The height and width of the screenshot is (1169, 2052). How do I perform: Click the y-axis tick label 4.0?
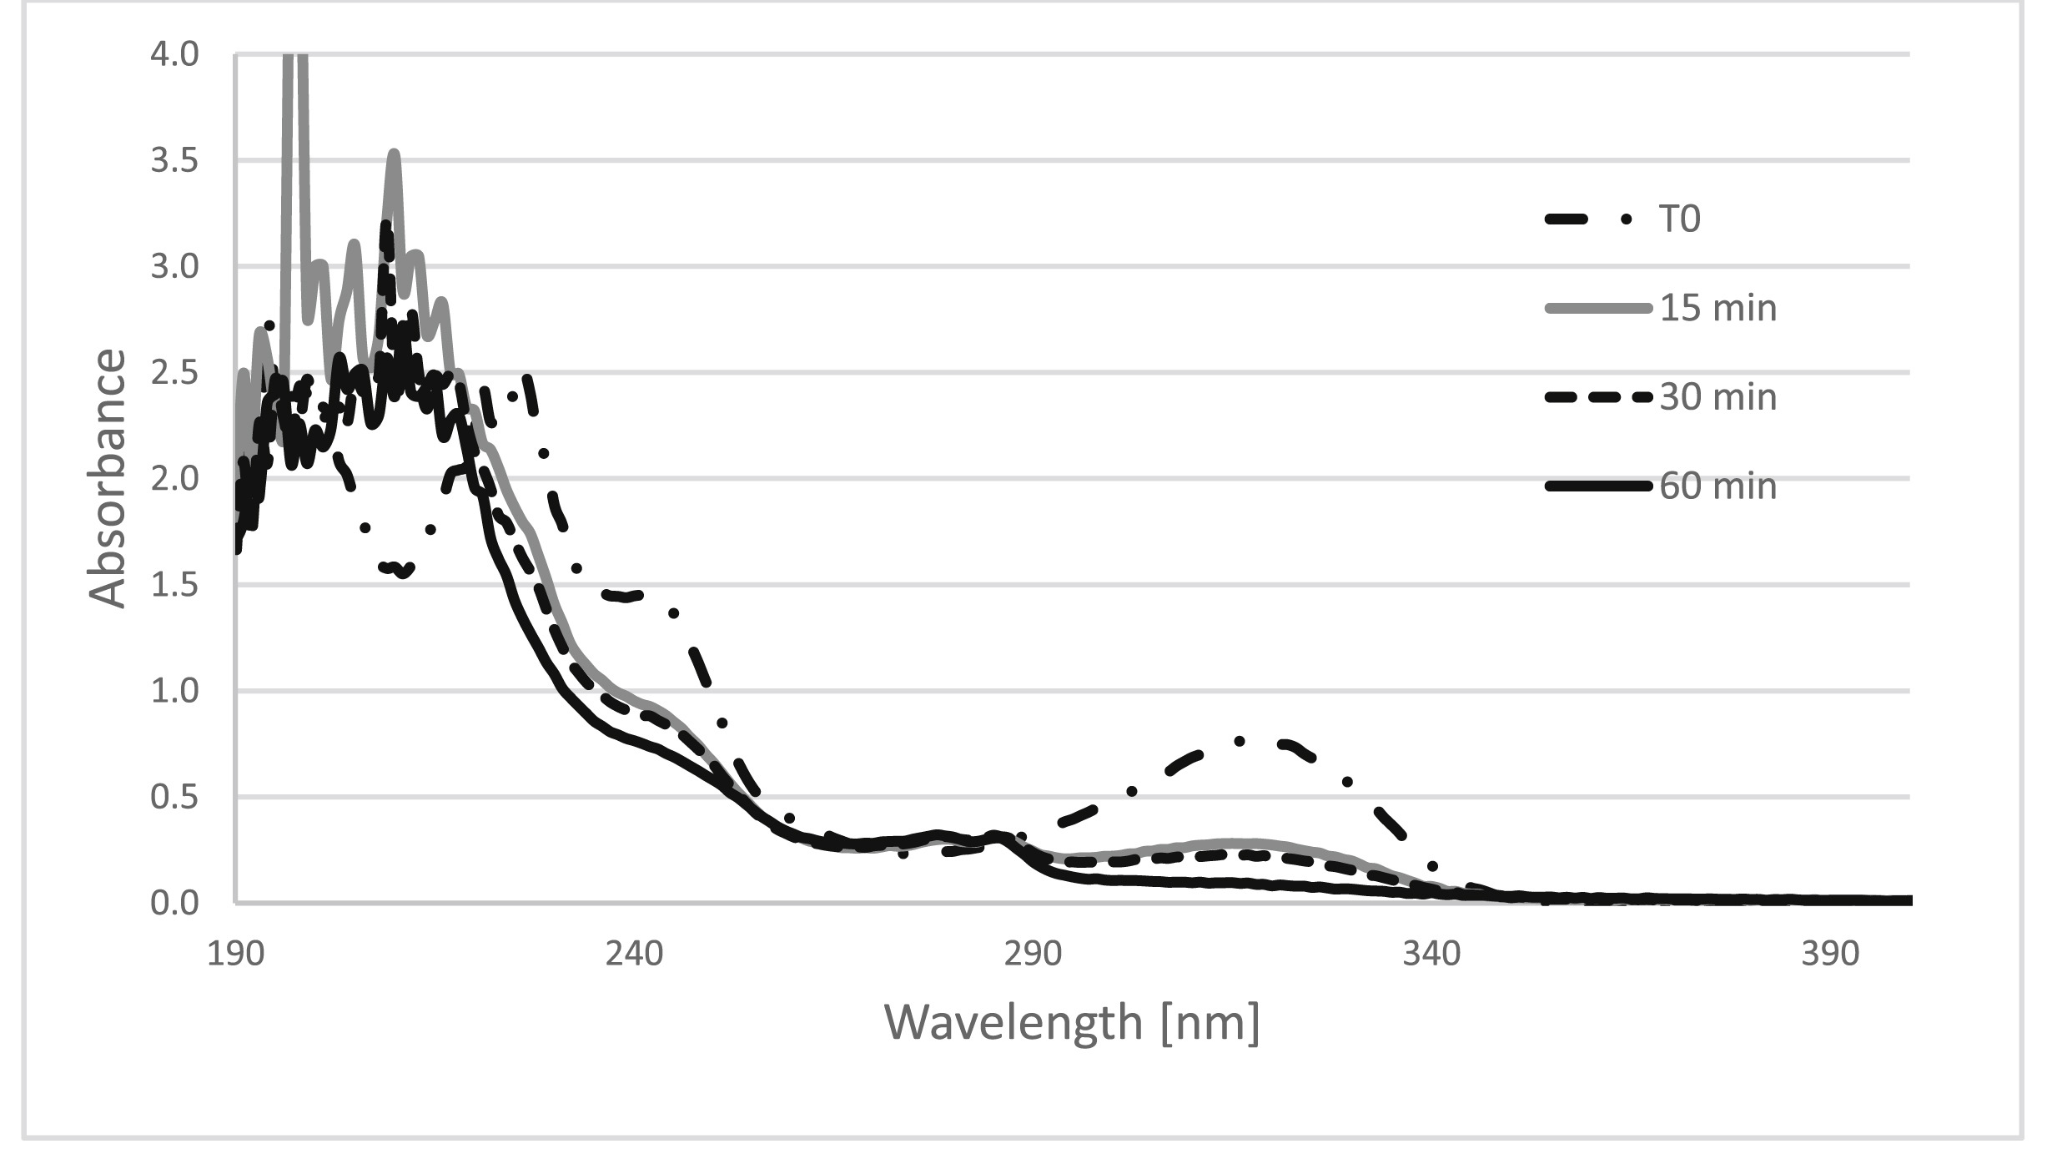(x=174, y=55)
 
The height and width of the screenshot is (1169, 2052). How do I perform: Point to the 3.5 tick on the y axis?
(x=174, y=161)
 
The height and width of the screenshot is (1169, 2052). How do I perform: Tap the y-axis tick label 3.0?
(x=174, y=267)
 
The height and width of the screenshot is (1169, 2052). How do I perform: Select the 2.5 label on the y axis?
(x=174, y=373)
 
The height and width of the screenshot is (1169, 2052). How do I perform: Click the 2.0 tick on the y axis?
(x=174, y=479)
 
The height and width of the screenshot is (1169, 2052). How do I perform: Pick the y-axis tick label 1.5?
(x=174, y=585)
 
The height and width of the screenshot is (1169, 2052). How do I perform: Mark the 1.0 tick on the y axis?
(x=174, y=691)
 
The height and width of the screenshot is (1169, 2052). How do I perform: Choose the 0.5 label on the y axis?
(x=174, y=798)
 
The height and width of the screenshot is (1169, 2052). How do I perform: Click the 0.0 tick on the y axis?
(x=174, y=904)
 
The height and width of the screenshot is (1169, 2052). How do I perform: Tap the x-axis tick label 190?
(x=236, y=954)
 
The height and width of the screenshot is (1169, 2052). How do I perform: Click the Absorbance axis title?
(x=108, y=478)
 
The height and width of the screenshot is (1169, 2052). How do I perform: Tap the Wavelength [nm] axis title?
(x=1072, y=1023)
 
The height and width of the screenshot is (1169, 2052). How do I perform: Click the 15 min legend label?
(x=1718, y=309)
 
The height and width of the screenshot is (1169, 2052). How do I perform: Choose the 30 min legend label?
(x=1718, y=397)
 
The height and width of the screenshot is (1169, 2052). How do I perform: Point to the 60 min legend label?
(x=1718, y=486)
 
